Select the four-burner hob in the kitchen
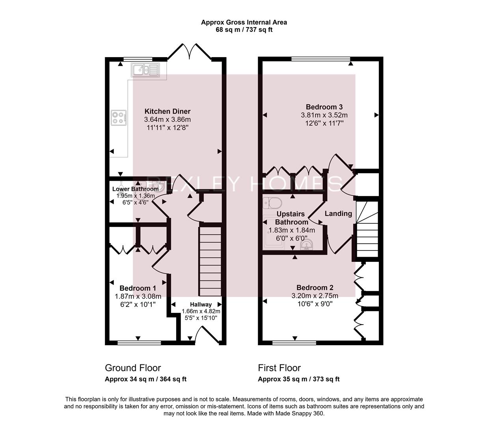pyautogui.click(x=119, y=117)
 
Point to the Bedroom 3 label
pyautogui.click(x=324, y=107)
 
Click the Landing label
pyautogui.click(x=338, y=213)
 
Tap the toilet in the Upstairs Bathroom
pyautogui.click(x=272, y=203)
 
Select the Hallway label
pyautogui.click(x=201, y=305)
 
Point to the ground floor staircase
pyautogui.click(x=210, y=260)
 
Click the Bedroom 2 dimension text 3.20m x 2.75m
pyautogui.click(x=315, y=295)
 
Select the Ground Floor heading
pyautogui.click(x=133, y=368)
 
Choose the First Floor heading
pyautogui.click(x=279, y=368)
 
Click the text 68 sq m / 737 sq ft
pyautogui.click(x=244, y=30)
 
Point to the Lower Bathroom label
pyautogui.click(x=135, y=189)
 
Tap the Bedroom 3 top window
pyautogui.click(x=320, y=59)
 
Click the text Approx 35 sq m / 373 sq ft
pyautogui.click(x=298, y=379)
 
